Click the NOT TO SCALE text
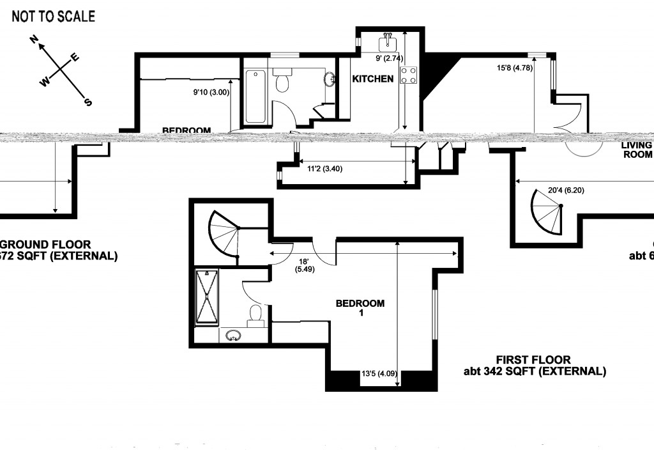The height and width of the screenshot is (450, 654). tap(53, 17)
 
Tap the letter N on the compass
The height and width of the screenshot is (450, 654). tap(36, 41)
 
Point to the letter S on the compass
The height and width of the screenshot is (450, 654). tap(88, 102)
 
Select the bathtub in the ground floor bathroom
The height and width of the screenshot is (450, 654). tap(256, 97)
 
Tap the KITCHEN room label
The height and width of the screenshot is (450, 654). tap(373, 79)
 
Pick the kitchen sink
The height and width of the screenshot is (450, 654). tap(387, 43)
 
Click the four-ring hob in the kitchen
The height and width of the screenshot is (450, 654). tap(408, 75)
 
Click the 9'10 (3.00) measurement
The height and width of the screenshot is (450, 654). tap(211, 92)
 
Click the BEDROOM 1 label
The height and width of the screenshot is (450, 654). tap(360, 308)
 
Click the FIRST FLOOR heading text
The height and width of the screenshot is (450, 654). tap(533, 360)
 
